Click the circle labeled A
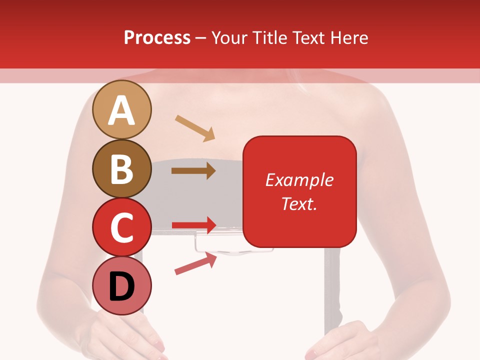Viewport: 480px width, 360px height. [122, 109]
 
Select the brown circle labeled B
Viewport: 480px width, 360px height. [122, 168]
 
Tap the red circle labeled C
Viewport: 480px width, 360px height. [122, 227]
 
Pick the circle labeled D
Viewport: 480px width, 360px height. [122, 286]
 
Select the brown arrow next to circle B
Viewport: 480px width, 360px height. [193, 171]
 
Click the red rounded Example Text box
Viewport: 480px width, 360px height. [299, 191]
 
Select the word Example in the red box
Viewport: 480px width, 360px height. [299, 180]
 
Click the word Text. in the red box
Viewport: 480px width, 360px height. [299, 203]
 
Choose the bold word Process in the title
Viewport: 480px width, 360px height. [157, 37]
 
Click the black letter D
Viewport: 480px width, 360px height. [122, 287]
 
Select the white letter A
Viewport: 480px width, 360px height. [122, 110]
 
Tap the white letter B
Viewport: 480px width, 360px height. [122, 169]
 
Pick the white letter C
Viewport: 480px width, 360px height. [122, 228]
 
